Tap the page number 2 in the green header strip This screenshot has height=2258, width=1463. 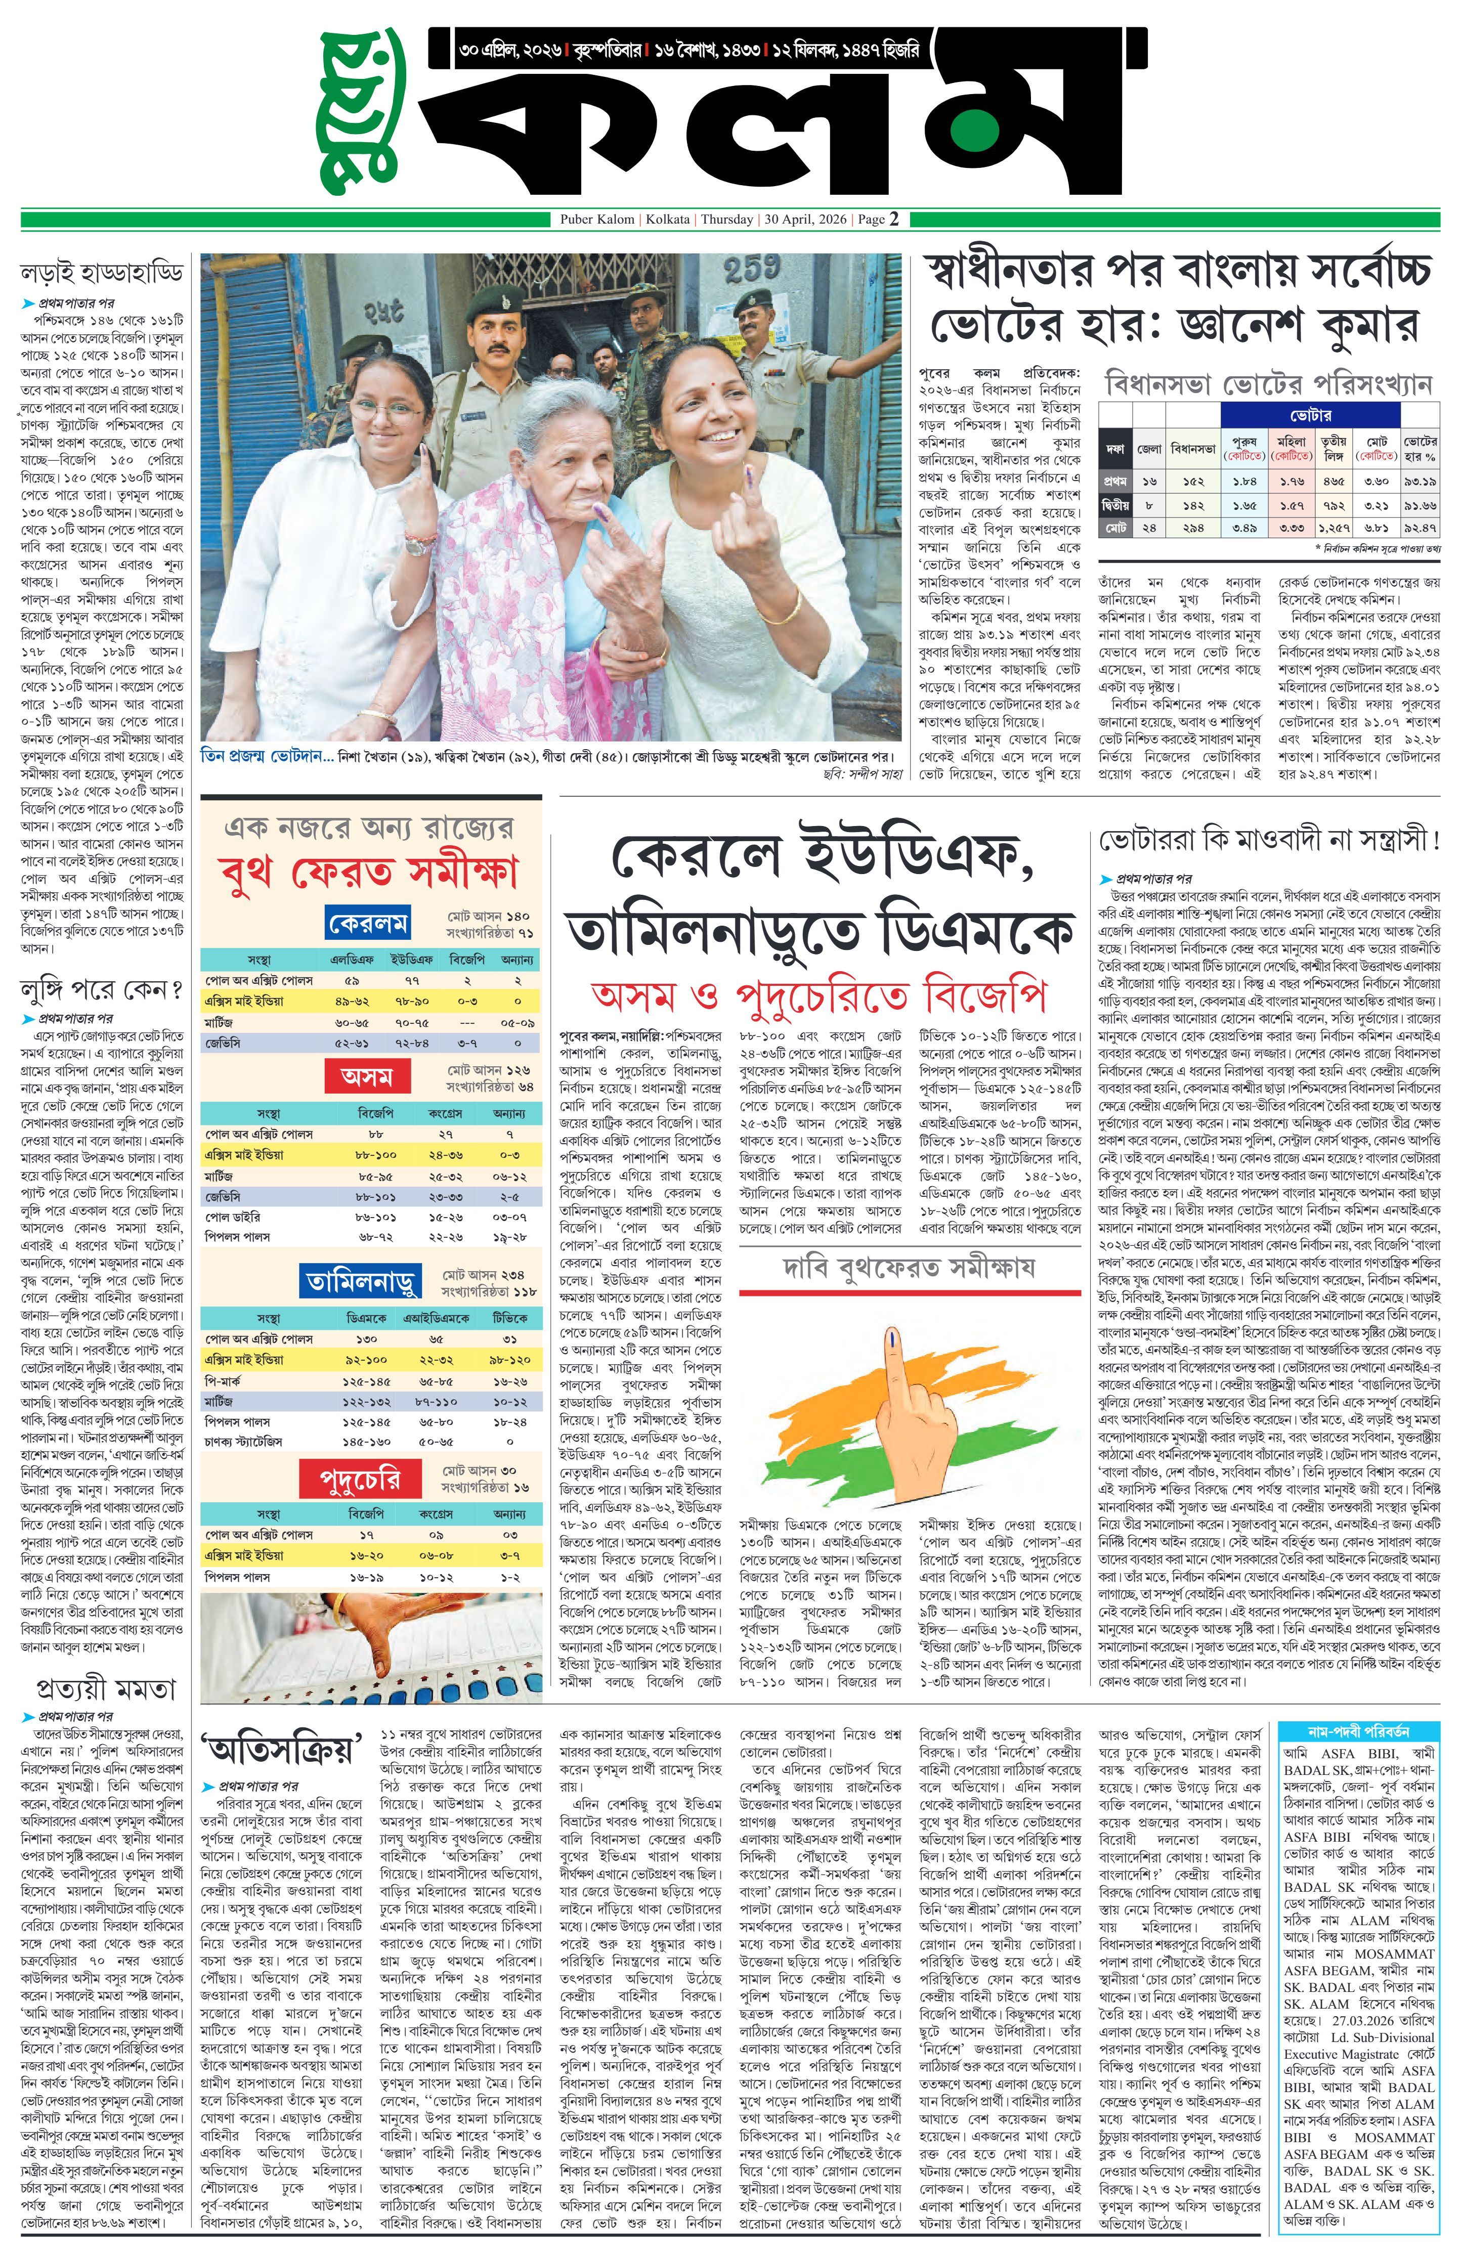coord(893,219)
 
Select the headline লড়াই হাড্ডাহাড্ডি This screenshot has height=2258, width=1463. coord(102,274)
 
